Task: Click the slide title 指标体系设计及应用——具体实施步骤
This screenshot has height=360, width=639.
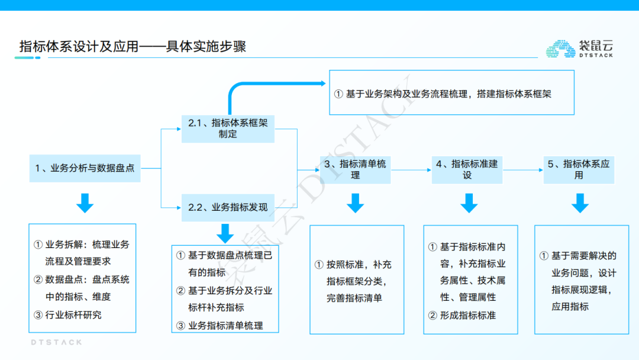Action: pos(133,47)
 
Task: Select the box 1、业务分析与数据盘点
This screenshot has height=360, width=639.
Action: pos(85,168)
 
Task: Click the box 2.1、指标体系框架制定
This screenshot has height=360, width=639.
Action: pos(228,128)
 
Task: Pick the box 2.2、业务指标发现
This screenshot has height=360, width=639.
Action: pos(228,207)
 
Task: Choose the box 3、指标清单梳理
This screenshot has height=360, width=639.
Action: pos(355,169)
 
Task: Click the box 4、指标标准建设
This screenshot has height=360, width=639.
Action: pos(467,169)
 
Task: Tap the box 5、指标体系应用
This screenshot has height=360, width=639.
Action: pos(579,169)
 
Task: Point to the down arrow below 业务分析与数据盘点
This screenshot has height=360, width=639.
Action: pos(85,203)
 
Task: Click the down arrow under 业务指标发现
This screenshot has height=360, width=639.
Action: pos(225,233)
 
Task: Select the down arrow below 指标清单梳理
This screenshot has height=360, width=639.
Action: pos(355,203)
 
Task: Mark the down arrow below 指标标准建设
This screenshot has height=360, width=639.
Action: pos(469,203)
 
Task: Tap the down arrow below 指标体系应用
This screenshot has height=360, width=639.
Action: pos(580,203)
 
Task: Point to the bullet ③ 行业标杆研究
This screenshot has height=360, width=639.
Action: pos(67,315)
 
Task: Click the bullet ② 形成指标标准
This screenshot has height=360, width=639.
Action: pos(462,316)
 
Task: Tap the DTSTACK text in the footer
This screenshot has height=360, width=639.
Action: pos(56,342)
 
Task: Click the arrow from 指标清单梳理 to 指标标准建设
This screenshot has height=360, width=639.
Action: pos(412,169)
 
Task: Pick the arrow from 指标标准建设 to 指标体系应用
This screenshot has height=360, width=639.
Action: pos(523,169)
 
